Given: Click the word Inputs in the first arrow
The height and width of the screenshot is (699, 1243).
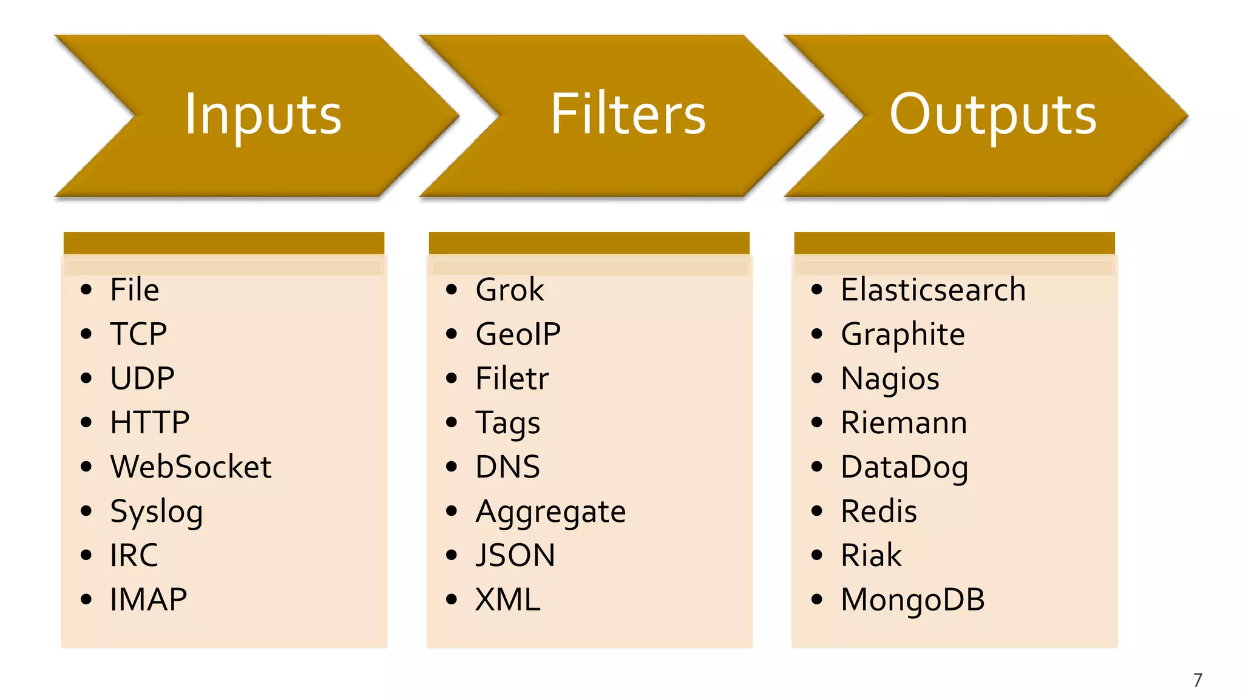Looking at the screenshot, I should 263,115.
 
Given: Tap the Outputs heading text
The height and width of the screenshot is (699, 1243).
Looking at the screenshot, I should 993,115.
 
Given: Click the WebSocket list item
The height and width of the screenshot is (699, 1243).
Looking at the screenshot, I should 191,467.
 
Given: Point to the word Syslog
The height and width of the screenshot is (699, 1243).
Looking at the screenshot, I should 156,512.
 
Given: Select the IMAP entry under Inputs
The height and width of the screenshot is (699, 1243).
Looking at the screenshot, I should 148,600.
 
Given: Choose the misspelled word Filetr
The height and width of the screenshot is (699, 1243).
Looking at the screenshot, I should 512,379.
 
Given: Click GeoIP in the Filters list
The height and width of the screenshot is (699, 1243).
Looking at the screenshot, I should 518,334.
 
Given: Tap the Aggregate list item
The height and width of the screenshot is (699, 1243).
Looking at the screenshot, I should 550,512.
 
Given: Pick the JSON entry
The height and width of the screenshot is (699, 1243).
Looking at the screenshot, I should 515,556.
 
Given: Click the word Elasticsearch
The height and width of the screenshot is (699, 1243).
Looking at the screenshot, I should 933,289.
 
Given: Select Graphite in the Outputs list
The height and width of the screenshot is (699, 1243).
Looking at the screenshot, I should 903,335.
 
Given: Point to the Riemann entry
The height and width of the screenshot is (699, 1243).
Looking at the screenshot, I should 904,423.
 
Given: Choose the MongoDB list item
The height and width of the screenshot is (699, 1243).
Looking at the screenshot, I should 912,600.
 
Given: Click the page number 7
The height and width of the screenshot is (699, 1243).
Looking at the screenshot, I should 1197,680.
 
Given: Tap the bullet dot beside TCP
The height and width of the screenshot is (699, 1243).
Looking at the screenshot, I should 86,334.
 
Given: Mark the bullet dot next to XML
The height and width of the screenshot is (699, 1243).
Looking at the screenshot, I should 451,600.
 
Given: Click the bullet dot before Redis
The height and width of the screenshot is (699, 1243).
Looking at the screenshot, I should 816,511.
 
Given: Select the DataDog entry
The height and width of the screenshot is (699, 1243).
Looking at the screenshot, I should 904,468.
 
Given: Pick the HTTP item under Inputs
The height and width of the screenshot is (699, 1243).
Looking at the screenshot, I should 149,423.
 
